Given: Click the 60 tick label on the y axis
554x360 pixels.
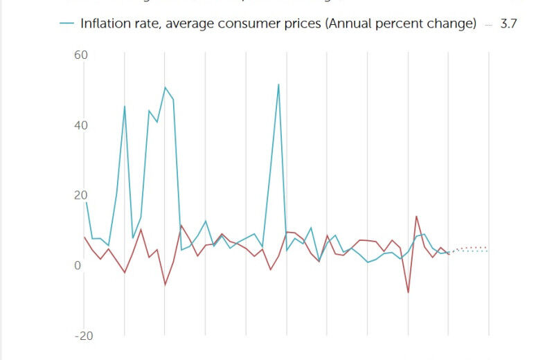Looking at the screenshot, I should tap(80, 55).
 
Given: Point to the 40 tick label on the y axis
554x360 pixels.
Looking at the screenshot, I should tap(80, 125).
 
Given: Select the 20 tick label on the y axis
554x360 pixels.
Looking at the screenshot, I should tap(80, 195).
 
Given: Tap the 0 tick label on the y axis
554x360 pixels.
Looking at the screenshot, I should tap(78, 266).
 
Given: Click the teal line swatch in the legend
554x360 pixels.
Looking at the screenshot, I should tap(66, 24).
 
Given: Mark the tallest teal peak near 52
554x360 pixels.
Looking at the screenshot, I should tap(278, 84).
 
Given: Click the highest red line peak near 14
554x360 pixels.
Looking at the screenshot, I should tap(416, 216).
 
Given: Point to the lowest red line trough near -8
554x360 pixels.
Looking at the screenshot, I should tap(408, 292).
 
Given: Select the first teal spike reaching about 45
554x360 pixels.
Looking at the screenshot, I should tap(125, 107).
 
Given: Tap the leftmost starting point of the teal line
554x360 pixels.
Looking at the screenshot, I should tap(85, 202).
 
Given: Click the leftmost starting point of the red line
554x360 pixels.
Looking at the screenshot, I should tap(84, 237).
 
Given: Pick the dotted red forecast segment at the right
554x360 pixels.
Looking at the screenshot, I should tap(471, 247).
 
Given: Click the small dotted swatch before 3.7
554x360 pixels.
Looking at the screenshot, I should tap(489, 24).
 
